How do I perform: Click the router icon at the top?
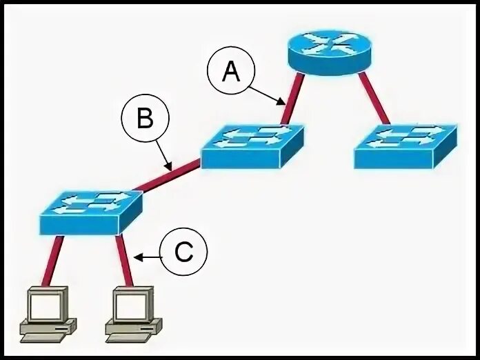pos(327,49)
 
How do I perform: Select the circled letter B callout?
pos(144,120)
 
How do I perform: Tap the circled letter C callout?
pos(183,253)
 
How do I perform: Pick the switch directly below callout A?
pos(252,145)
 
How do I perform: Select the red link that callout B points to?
pos(169,175)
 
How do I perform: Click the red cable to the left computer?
pos(52,260)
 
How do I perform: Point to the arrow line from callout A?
pos(268,94)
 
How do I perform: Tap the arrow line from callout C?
pos(148,257)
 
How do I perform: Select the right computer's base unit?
pos(134,329)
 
